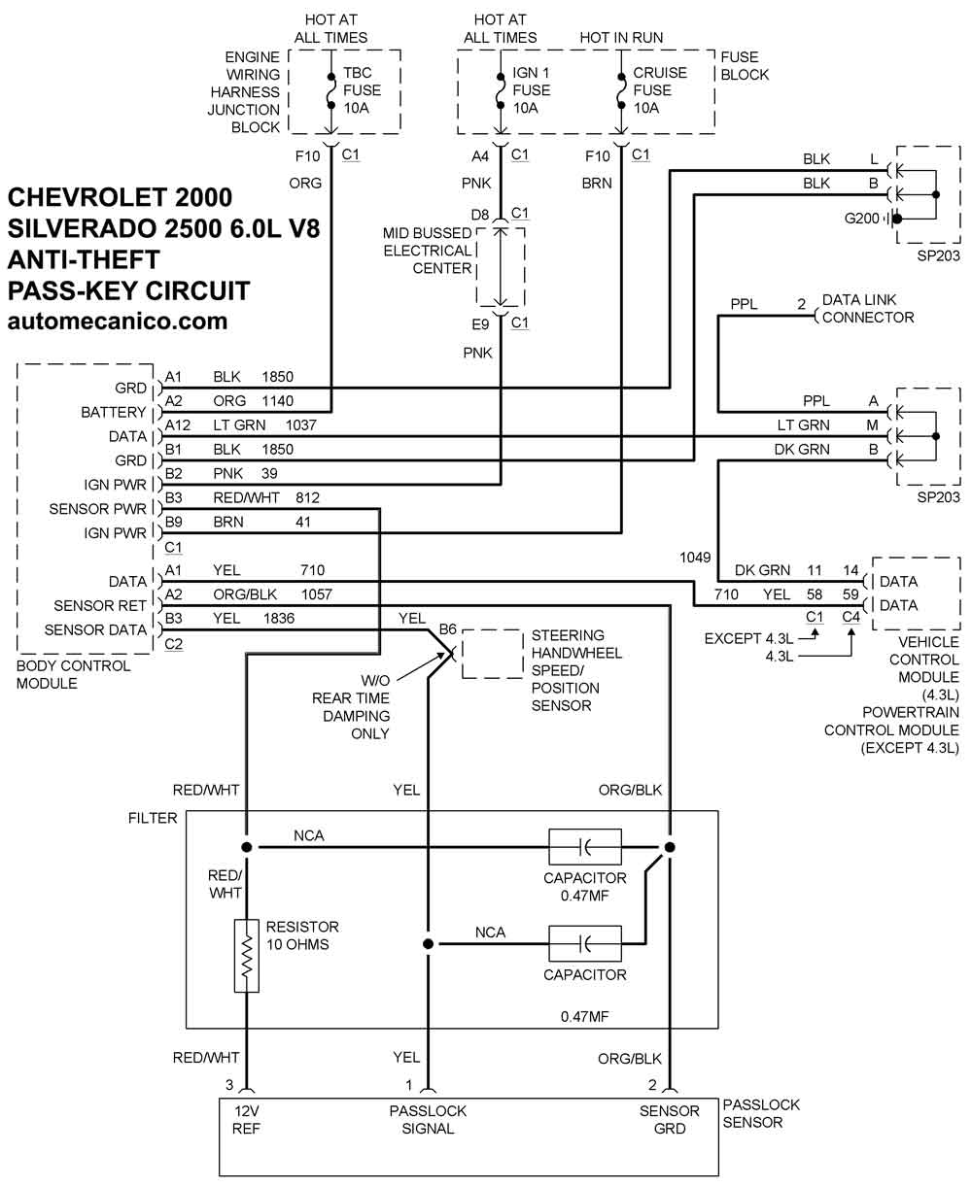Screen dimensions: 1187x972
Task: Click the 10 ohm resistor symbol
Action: [x=247, y=956]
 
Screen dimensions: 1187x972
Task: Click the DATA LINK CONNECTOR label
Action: [x=867, y=310]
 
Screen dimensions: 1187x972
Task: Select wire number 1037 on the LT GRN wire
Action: [x=301, y=424]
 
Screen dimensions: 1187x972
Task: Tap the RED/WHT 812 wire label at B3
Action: [x=266, y=497]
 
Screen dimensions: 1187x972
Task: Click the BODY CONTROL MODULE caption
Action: [x=74, y=674]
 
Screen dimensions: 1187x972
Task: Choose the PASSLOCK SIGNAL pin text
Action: [x=428, y=1119]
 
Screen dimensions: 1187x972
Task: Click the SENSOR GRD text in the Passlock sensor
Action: [x=670, y=1119]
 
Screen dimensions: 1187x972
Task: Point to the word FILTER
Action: [x=153, y=818]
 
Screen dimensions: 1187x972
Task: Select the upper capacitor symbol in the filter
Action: [x=585, y=847]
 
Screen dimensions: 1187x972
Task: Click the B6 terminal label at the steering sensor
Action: [x=447, y=628]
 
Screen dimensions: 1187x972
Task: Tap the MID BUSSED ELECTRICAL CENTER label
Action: [x=428, y=251]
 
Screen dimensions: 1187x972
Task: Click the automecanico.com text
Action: [x=118, y=321]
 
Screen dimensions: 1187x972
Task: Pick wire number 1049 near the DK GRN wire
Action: [x=695, y=558]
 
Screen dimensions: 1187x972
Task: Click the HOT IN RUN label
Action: [x=621, y=38]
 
